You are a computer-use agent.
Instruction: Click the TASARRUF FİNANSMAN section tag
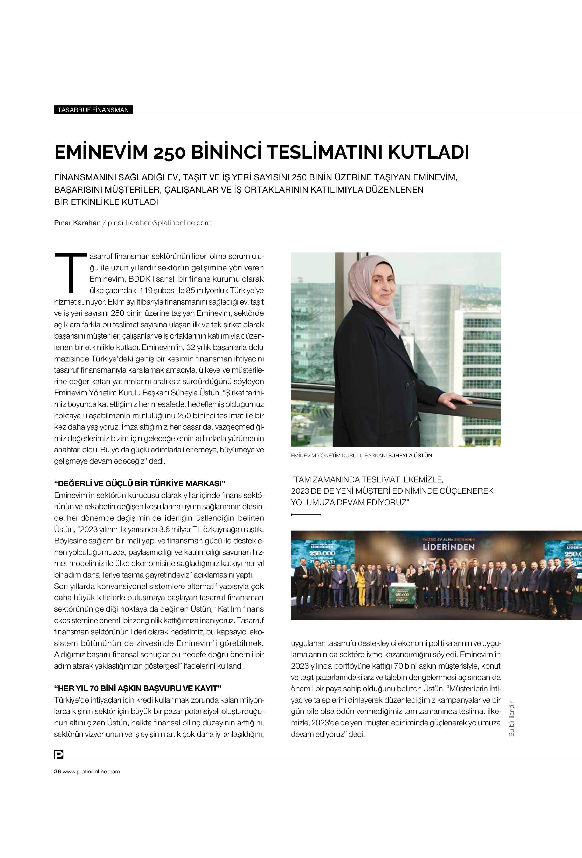tap(93, 110)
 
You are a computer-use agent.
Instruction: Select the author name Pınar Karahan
tap(77, 223)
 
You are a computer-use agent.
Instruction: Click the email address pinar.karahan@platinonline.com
tap(159, 223)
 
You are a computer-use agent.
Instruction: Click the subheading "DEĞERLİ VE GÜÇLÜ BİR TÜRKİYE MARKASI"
tap(140, 484)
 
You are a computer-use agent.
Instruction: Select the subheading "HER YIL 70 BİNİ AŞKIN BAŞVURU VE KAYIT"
tap(137, 688)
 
